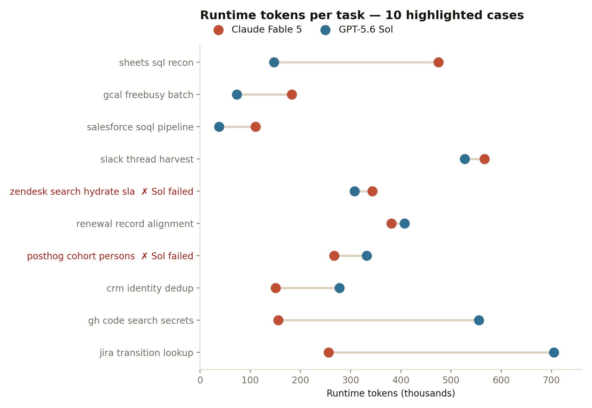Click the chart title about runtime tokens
[362, 15]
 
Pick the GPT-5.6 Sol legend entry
[357, 30]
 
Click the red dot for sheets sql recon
[438, 62]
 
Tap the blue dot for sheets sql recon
[274, 62]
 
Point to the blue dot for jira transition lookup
[554, 353]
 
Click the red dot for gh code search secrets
[278, 320]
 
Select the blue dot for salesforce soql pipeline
[219, 127]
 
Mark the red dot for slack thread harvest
[484, 159]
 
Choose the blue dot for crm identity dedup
[339, 288]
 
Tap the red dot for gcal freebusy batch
[292, 95]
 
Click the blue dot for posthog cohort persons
[367, 256]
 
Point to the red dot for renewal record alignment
[391, 224]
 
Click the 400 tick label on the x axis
[401, 380]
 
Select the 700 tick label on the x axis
[551, 380]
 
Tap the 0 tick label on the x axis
[200, 380]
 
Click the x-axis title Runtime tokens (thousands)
[391, 394]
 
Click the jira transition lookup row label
[146, 353]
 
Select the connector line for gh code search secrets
[379, 320]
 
